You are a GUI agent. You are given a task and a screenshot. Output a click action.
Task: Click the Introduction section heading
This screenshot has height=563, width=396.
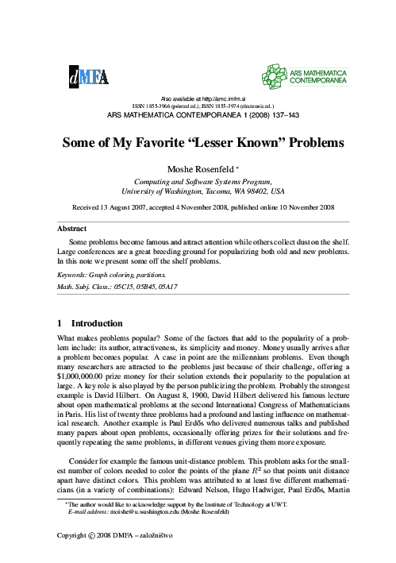tap(98, 324)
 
